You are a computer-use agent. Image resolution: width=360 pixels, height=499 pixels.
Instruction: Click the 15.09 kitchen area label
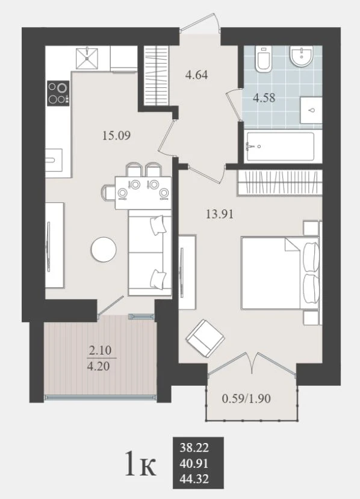[116, 136]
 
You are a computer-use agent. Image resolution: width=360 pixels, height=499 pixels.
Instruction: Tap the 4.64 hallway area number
[196, 75]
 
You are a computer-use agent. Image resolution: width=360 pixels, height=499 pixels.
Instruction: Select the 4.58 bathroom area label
[264, 98]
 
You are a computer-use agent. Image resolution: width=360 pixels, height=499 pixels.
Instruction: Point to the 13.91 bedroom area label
[220, 214]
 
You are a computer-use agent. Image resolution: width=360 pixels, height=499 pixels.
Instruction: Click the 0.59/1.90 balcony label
[246, 398]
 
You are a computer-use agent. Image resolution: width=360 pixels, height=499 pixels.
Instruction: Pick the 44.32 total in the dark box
[194, 479]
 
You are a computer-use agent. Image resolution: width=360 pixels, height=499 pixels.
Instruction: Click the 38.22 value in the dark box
[194, 448]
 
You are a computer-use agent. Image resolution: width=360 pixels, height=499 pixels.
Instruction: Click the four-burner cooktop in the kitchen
[58, 93]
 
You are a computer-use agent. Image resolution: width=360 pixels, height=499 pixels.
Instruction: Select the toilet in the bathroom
[264, 58]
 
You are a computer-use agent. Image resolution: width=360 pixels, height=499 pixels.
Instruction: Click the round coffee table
[104, 249]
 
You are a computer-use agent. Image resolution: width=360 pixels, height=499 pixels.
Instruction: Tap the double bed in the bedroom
[280, 273]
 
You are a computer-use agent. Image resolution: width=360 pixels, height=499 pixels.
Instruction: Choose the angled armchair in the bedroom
[205, 338]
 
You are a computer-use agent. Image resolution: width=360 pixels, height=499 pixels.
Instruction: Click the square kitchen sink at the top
[87, 58]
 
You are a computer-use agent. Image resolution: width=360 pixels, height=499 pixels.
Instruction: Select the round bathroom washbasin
[302, 57]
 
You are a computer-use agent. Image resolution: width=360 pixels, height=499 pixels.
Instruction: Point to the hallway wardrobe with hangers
[156, 76]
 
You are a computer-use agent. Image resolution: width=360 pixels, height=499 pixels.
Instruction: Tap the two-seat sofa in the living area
[150, 253]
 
